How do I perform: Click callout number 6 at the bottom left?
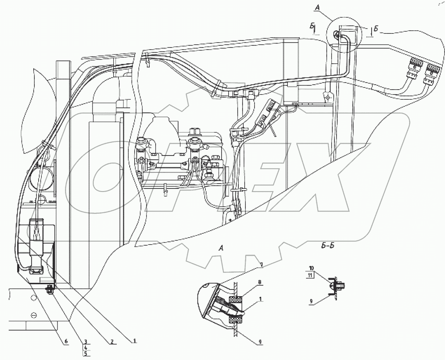[x=66, y=341]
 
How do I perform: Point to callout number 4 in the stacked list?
[x=85, y=348]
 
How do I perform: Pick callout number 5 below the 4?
[x=85, y=353]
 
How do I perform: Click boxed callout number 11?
[x=310, y=275]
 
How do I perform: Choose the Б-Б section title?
[x=327, y=246]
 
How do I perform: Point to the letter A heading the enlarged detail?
[x=221, y=248]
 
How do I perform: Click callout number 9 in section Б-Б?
[x=311, y=301]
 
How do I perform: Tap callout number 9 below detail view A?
[x=260, y=342]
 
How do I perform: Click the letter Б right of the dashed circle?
[x=376, y=29]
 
